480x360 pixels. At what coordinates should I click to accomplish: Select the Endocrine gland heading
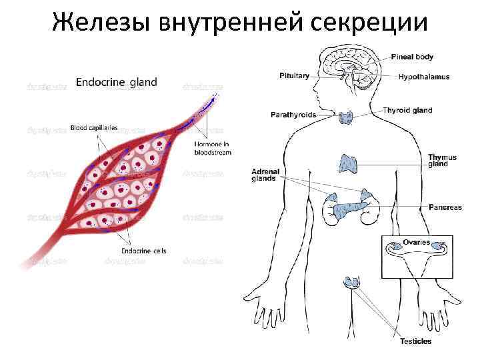click(x=117, y=83)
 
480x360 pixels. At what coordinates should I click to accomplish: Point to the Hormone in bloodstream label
click(x=213, y=147)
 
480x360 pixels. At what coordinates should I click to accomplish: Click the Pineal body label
click(x=412, y=57)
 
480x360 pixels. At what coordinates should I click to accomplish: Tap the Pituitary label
click(x=294, y=76)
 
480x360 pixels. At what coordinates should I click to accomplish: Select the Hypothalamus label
click(x=424, y=77)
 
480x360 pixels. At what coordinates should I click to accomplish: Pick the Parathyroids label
click(x=293, y=115)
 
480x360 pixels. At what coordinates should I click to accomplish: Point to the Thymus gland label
click(x=442, y=161)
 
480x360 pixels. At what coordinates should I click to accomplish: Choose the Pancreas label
click(x=445, y=207)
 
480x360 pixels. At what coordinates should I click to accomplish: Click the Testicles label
click(x=415, y=341)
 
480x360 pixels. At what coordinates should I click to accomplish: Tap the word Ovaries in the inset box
click(x=416, y=243)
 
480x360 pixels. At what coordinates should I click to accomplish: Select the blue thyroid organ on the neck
click(x=346, y=118)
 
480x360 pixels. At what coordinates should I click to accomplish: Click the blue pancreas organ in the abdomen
click(x=346, y=209)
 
